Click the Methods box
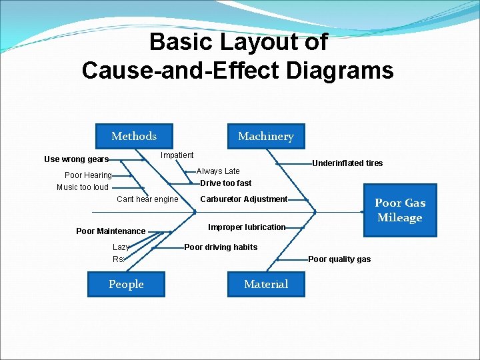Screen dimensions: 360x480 click(134, 136)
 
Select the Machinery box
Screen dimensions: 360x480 click(265, 136)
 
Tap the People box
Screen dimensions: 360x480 click(126, 284)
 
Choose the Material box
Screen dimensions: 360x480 click(266, 284)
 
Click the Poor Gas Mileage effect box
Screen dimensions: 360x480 click(400, 210)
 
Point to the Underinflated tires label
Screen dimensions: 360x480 click(347, 163)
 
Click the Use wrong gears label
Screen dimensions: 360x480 click(76, 159)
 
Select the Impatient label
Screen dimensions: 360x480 click(177, 155)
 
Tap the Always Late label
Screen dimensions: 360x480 click(218, 171)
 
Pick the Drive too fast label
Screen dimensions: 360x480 click(226, 183)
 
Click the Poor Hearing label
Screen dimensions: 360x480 click(88, 175)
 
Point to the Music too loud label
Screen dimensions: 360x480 click(83, 187)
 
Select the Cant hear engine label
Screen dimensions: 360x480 click(147, 199)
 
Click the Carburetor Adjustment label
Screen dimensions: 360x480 click(244, 199)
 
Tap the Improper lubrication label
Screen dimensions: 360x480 click(247, 227)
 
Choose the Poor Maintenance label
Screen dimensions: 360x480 click(111, 231)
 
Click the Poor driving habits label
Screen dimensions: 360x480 click(221, 247)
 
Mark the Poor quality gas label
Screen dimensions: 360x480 click(339, 259)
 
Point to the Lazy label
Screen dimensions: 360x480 click(121, 247)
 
